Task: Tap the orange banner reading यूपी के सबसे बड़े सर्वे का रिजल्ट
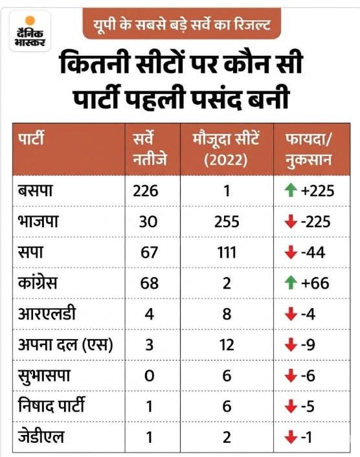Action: (182, 24)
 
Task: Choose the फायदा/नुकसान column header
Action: (308, 148)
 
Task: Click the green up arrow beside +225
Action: (289, 191)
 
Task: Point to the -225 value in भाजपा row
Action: (315, 222)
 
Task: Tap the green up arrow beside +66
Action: (289, 283)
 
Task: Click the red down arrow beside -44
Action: (289, 252)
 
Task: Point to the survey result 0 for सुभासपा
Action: (148, 376)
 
